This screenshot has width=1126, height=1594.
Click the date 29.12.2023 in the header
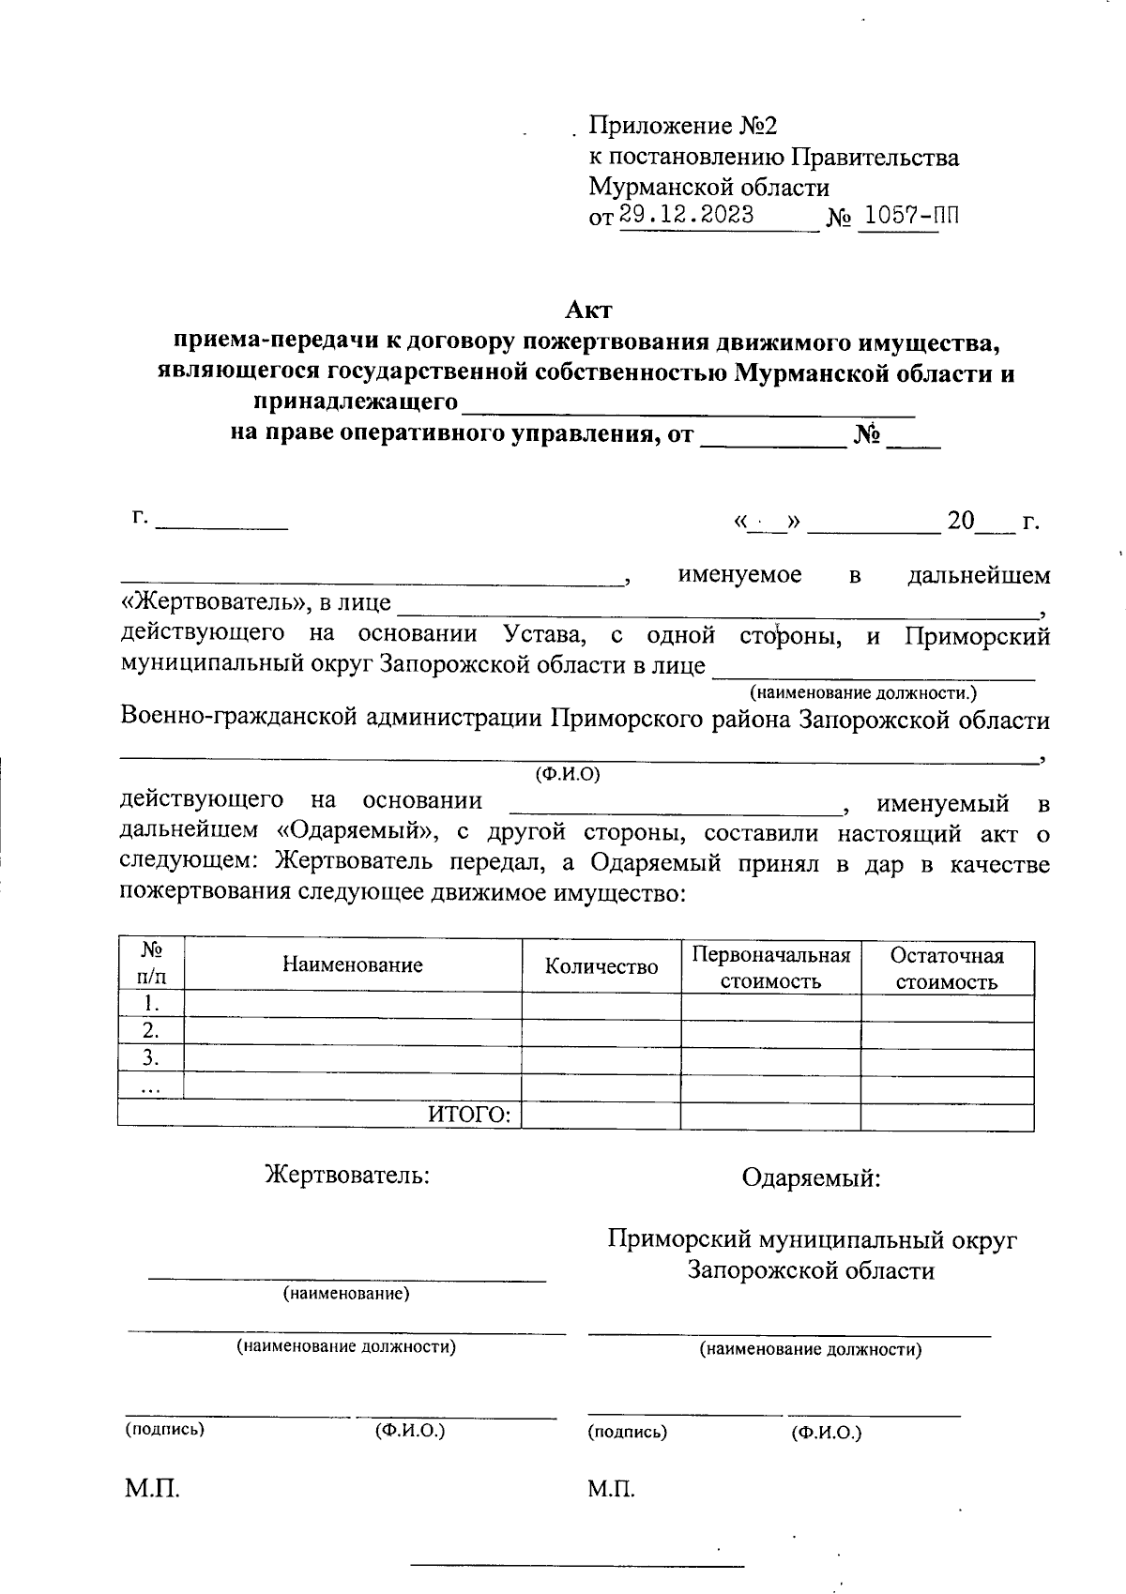pyautogui.click(x=686, y=215)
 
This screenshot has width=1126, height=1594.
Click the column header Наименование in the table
pyautogui.click(x=352, y=964)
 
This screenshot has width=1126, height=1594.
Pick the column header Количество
pyautogui.click(x=601, y=966)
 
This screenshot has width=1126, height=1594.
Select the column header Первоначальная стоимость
pyautogui.click(x=770, y=967)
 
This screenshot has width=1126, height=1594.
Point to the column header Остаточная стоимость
pyautogui.click(x=947, y=968)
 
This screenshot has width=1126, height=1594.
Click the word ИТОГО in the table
pyautogui.click(x=469, y=1115)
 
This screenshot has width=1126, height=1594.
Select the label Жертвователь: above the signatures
pyautogui.click(x=347, y=1175)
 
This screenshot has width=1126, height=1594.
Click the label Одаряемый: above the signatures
pyautogui.click(x=811, y=1177)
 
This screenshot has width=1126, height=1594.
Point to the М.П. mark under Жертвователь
pyautogui.click(x=152, y=1489)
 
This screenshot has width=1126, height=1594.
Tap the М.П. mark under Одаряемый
pyautogui.click(x=612, y=1489)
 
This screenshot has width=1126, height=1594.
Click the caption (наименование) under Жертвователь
pyautogui.click(x=346, y=1294)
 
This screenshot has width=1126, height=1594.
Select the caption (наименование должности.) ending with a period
pyautogui.click(x=862, y=693)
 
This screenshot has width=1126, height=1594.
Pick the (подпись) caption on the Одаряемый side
pyautogui.click(x=627, y=1432)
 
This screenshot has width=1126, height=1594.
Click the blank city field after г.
pyautogui.click(x=221, y=521)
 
